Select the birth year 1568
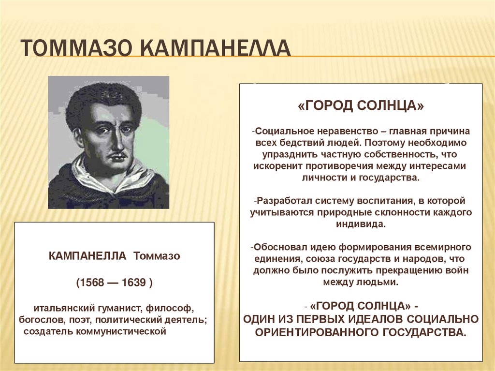[91, 283]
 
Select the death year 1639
[133, 283]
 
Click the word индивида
[361, 224]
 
